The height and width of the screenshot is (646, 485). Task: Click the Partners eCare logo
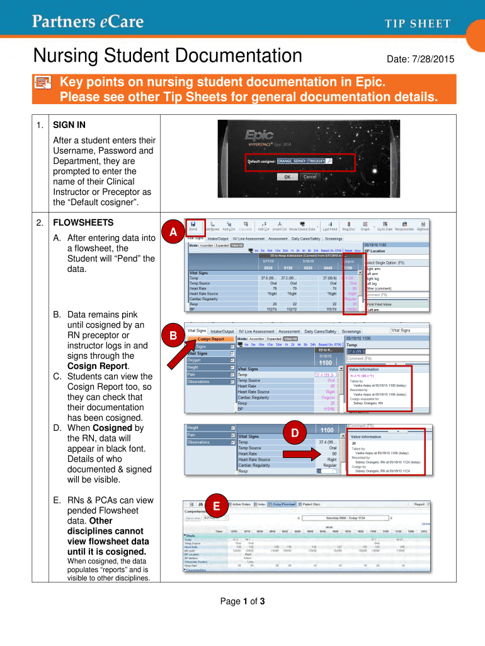88,23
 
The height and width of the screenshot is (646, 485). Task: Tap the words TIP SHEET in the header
418,24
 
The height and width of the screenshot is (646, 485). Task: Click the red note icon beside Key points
43,85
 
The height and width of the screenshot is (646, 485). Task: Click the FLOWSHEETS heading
83,223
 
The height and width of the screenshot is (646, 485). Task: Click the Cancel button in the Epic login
310,177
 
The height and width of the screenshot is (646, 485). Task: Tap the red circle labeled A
172,233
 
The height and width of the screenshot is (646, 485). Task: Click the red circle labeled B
172,337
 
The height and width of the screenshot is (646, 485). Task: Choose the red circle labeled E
216,505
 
